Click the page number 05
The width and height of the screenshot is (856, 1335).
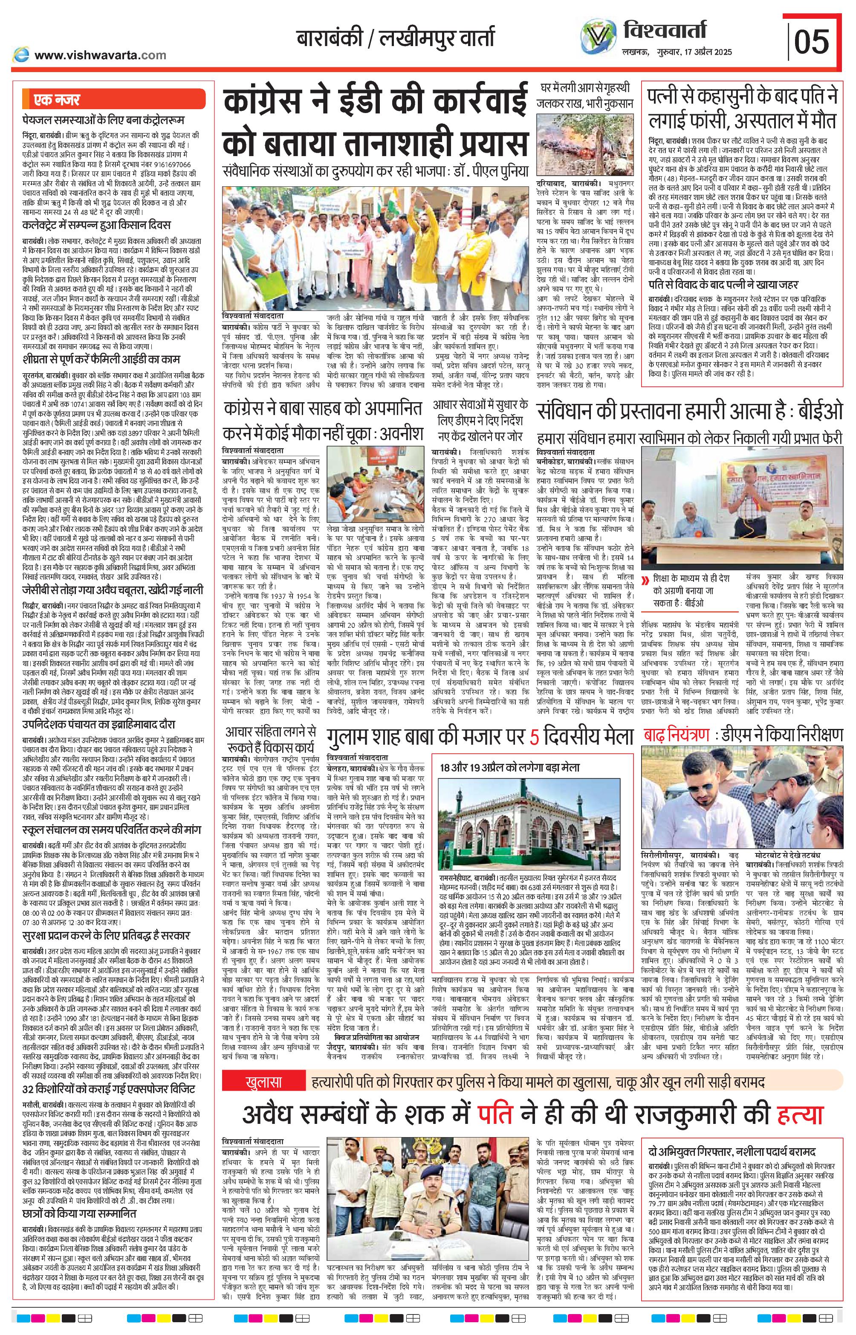(812, 42)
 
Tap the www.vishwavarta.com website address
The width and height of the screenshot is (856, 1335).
(100, 55)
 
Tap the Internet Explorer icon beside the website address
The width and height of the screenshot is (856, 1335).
(22, 55)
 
